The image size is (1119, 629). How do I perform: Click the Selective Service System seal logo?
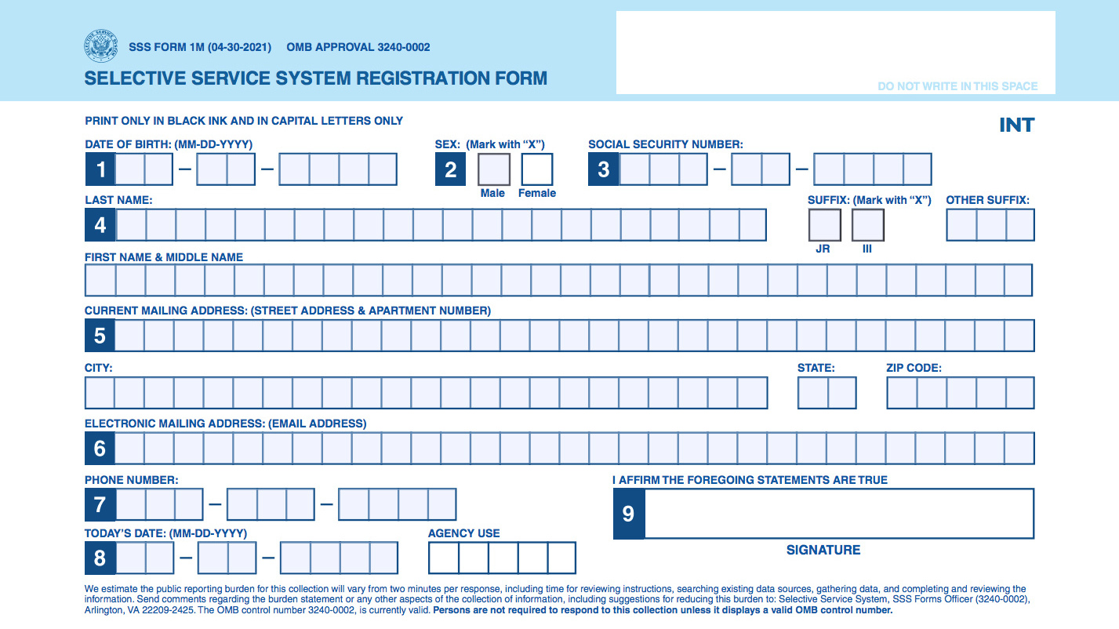(100, 46)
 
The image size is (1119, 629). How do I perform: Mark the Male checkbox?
(494, 169)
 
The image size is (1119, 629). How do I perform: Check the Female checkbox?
(537, 169)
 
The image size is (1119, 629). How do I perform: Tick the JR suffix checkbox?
(824, 225)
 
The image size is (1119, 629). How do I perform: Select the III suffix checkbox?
(867, 225)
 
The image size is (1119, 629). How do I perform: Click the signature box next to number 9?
(838, 514)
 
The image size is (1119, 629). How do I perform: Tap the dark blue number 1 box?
(100, 169)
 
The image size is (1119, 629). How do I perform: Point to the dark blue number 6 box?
(100, 449)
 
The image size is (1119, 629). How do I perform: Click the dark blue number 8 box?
(100, 558)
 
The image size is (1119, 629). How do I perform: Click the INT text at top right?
(1016, 125)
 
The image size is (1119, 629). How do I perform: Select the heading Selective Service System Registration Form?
(315, 78)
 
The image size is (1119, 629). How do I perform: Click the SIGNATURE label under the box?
(823, 550)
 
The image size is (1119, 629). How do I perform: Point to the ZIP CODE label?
(914, 368)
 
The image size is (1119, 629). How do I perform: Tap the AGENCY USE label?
(463, 533)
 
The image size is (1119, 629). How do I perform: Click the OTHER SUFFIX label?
(987, 200)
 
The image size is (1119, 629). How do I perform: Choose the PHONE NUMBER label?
(131, 479)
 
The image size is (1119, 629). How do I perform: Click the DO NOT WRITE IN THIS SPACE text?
(957, 86)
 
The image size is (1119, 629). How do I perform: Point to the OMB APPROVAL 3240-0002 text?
(358, 47)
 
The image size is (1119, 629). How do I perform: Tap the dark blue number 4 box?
(100, 225)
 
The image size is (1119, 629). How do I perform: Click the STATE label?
(816, 368)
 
